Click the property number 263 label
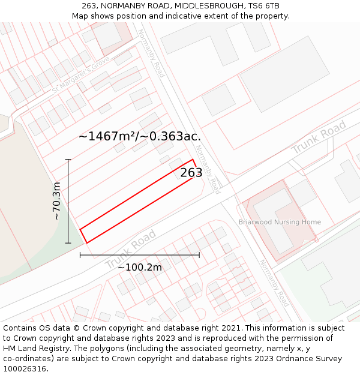tap(191, 173)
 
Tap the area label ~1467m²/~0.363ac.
tap(140, 136)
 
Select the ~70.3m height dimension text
tap(57, 201)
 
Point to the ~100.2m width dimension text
tap(140, 267)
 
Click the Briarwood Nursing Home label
tap(280, 222)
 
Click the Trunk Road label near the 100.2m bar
tap(130, 249)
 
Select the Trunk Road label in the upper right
tap(319, 137)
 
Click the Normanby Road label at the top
tap(151, 53)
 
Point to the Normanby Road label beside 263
tap(208, 170)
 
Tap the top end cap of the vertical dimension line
tap(68, 159)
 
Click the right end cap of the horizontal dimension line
tap(199, 255)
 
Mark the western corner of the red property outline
tap(80, 229)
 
